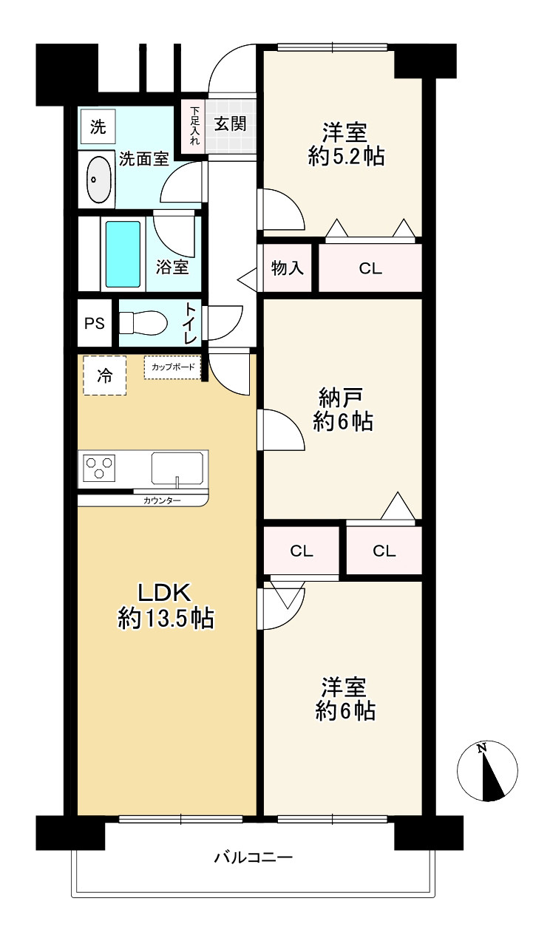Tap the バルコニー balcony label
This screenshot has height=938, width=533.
coord(254,858)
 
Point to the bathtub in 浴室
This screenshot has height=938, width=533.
coord(123,254)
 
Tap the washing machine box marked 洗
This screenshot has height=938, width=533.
coord(98,126)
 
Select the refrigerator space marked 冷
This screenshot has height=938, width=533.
coord(105,375)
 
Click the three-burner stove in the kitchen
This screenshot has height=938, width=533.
coord(100,469)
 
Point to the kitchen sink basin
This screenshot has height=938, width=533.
coord(177,469)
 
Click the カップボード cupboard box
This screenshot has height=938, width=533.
coord(173,367)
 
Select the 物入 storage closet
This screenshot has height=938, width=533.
coord(287,268)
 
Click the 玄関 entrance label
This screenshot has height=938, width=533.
coord(230,124)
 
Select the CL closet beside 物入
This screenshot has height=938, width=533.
coord(370,268)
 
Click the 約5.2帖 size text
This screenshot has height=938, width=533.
coord(345,157)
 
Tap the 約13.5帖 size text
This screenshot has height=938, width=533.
coord(166,618)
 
